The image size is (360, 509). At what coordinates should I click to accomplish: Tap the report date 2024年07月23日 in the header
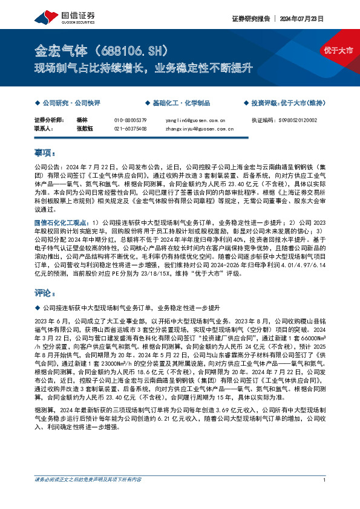point(302,19)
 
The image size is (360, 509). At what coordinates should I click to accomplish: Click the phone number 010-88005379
point(130,120)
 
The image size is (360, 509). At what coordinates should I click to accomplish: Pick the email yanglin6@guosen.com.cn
point(195,120)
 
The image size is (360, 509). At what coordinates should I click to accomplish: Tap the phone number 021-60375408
point(130,128)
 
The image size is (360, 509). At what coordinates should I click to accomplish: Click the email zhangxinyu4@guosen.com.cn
point(199,128)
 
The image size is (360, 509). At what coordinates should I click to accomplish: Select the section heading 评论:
point(47,293)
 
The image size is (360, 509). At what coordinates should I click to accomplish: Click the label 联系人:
point(44,128)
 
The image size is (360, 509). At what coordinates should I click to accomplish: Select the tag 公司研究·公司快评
point(70,103)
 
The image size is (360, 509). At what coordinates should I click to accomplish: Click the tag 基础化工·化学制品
point(175,103)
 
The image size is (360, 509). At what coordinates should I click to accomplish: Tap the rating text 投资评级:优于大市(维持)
point(288,103)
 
